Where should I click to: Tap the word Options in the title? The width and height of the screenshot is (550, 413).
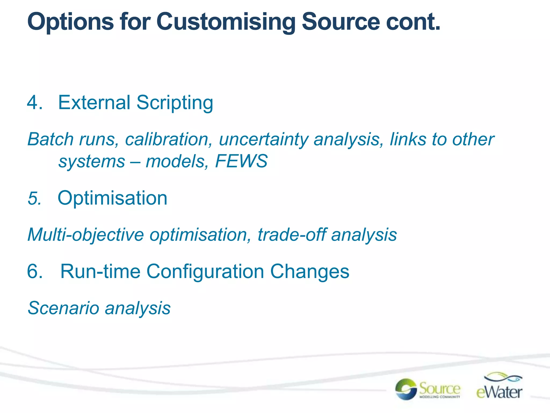(x=70, y=22)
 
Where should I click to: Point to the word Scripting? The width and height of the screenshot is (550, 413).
(x=175, y=103)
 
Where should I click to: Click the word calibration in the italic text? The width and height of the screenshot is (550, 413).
(x=167, y=140)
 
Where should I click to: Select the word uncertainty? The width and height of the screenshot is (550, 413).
(x=263, y=140)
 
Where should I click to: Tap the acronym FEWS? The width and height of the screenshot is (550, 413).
(x=241, y=161)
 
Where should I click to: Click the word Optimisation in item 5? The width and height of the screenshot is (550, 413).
(x=113, y=198)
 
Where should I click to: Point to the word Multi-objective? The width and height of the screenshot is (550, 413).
(x=86, y=235)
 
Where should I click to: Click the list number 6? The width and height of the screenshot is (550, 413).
(x=35, y=272)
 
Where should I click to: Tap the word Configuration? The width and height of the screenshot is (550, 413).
(x=205, y=272)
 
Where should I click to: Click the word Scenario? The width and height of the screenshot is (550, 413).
(x=63, y=308)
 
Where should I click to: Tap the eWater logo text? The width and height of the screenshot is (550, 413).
(x=499, y=392)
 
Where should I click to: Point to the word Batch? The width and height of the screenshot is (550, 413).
(x=50, y=140)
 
